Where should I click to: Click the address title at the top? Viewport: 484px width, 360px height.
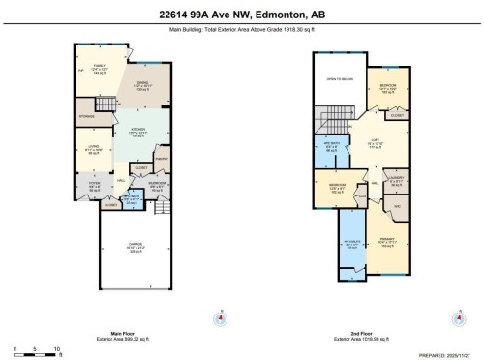point(242,15)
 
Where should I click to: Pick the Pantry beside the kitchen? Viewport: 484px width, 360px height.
point(163,157)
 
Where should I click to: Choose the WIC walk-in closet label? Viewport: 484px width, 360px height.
point(396,205)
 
